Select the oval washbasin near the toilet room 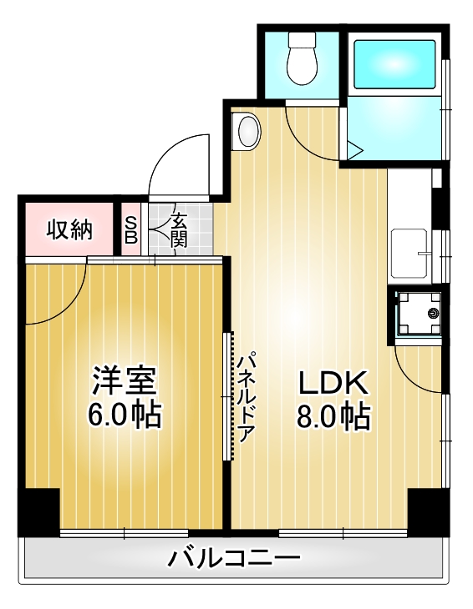click(x=248, y=131)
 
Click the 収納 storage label click(x=69, y=229)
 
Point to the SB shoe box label click(x=131, y=228)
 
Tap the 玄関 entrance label click(x=179, y=230)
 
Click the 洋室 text click(x=124, y=382)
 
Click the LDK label click(x=333, y=383)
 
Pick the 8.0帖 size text click(x=333, y=415)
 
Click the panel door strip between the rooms click(x=227, y=396)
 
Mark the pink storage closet click(x=69, y=229)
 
